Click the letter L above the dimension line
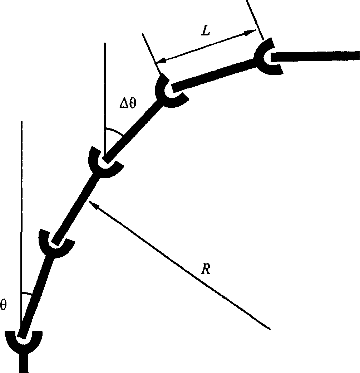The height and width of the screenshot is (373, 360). point(206,31)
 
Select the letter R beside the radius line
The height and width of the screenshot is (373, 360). point(206,269)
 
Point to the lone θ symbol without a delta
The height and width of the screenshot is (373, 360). point(4,305)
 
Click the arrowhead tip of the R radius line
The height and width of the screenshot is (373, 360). point(89,201)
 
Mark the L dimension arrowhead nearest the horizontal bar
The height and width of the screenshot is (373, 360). point(256,30)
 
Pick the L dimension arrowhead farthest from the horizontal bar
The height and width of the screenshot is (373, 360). point(156,63)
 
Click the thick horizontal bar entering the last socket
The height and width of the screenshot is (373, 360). point(315,56)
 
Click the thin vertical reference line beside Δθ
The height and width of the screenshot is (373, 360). point(104,100)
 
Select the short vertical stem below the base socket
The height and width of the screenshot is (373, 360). point(24,363)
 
